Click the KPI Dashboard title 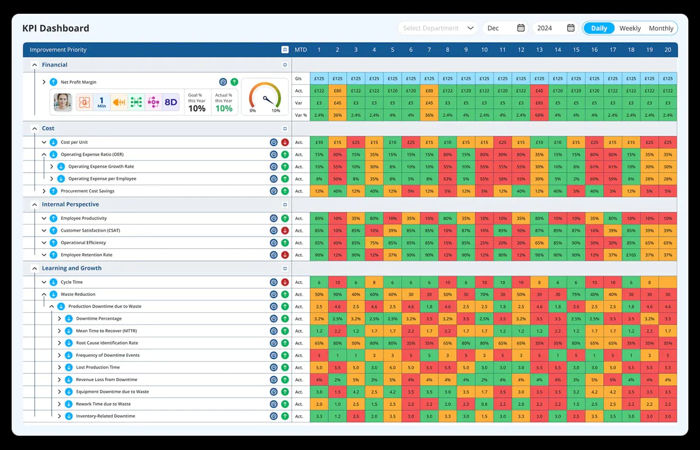(56, 29)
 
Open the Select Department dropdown (438, 28)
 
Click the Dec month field (504, 28)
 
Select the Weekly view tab (630, 29)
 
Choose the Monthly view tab (661, 29)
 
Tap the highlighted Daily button (599, 29)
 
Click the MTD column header (300, 50)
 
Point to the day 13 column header (539, 50)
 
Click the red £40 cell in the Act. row (539, 91)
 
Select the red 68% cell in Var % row (539, 115)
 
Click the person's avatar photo (62, 102)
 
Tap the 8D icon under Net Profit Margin (170, 102)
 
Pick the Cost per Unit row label (74, 142)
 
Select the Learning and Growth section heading (71, 268)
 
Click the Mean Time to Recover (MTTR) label (106, 331)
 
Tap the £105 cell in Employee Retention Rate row (631, 255)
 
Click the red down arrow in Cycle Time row (285, 282)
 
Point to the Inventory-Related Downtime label (105, 416)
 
